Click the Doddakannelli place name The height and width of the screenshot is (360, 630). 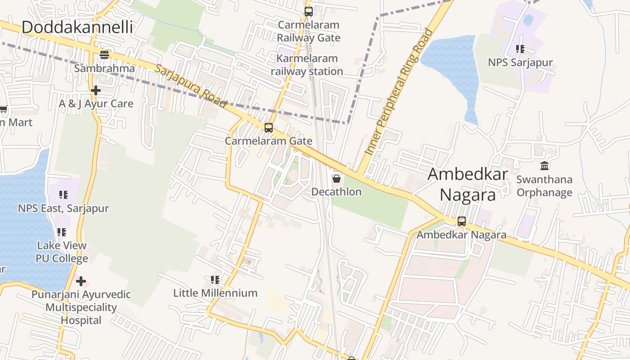click(77, 27)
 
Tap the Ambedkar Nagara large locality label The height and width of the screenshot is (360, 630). click(468, 184)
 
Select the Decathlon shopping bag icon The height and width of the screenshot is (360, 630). click(336, 179)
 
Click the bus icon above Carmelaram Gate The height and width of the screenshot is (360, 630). click(269, 128)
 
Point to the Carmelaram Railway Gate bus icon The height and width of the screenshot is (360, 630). click(308, 12)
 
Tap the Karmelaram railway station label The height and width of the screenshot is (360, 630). click(307, 65)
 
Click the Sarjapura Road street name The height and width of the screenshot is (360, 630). click(190, 85)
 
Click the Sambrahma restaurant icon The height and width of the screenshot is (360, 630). click(104, 55)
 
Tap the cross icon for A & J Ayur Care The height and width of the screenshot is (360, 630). click(95, 90)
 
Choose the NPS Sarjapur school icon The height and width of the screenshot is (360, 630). click(520, 49)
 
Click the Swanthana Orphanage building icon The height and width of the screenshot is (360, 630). click(544, 166)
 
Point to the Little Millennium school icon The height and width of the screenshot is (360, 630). click(215, 280)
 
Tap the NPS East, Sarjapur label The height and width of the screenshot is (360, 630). click(63, 208)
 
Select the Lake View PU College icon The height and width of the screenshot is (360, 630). click(62, 232)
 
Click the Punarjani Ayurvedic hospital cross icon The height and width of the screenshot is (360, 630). click(81, 282)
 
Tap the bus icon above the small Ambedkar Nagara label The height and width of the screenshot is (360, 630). click(461, 221)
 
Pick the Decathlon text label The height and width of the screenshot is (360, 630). click(336, 192)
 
